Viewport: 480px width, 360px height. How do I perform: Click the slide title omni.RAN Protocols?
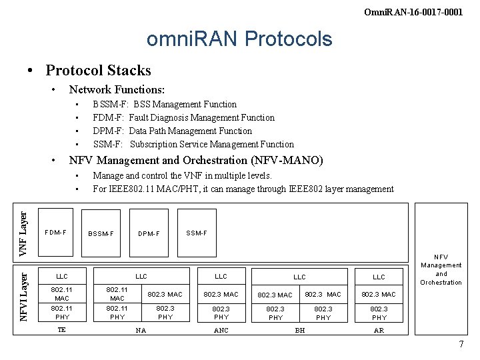pyautogui.click(x=239, y=39)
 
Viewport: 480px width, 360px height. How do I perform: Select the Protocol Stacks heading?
pyautogui.click(x=98, y=70)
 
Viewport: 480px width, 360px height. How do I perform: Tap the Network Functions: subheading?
pyautogui.click(x=117, y=89)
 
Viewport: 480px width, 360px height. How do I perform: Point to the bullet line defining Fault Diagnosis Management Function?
pyautogui.click(x=183, y=117)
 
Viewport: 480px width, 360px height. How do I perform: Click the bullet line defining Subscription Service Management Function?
pyautogui.click(x=193, y=144)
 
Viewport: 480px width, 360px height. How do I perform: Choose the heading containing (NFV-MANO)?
pyautogui.click(x=196, y=160)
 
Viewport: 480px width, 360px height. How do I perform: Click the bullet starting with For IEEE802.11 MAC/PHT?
pyautogui.click(x=243, y=189)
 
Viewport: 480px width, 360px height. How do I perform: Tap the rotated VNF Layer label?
pyautogui.click(x=23, y=233)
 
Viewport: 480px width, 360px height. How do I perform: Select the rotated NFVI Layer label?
pyautogui.click(x=23, y=293)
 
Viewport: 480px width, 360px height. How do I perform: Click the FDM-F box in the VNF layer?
pyautogui.click(x=55, y=233)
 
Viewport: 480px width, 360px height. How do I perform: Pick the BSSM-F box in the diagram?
pyautogui.click(x=101, y=234)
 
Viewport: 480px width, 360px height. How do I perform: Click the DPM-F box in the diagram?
pyautogui.click(x=149, y=234)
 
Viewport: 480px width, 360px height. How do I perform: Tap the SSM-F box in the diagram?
pyautogui.click(x=197, y=233)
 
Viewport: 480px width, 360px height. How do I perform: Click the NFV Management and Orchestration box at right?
pyautogui.click(x=441, y=269)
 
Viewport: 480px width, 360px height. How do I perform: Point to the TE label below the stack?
pyautogui.click(x=61, y=329)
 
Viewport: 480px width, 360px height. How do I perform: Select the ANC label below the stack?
pyautogui.click(x=221, y=330)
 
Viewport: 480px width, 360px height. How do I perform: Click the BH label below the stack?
pyautogui.click(x=300, y=330)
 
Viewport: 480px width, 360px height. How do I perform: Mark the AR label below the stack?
pyautogui.click(x=379, y=330)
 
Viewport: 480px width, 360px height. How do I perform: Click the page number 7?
pyautogui.click(x=461, y=344)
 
